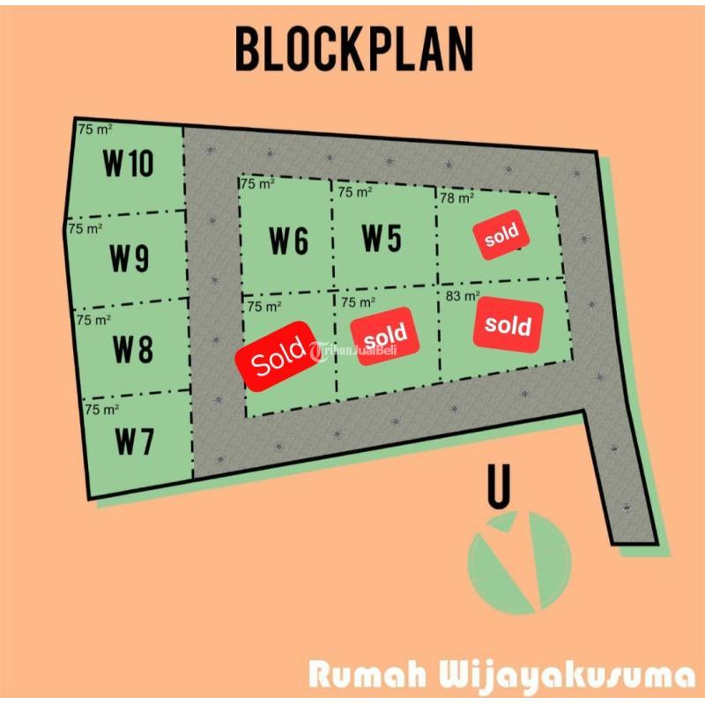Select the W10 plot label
point(129,163)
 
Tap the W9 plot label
point(130,258)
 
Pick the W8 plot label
point(132,350)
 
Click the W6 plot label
point(289,241)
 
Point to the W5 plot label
point(382,238)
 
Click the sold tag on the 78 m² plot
point(501,234)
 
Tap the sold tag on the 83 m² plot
point(508,325)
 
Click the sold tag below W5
point(384,335)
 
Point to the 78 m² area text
point(457,198)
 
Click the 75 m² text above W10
point(96,130)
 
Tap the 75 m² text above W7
point(102,410)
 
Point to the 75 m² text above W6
point(257,183)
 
